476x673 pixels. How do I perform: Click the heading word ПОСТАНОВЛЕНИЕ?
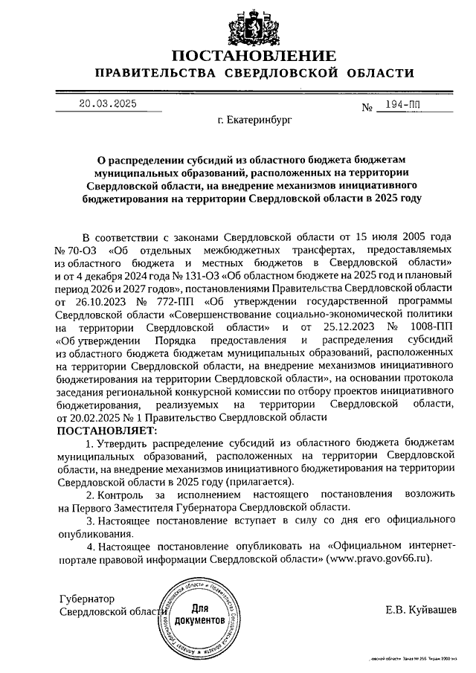click(252, 57)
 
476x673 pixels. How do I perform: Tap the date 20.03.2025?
click(108, 105)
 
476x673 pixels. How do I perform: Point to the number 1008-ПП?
click(427, 328)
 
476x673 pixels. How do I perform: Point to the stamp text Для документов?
click(199, 613)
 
